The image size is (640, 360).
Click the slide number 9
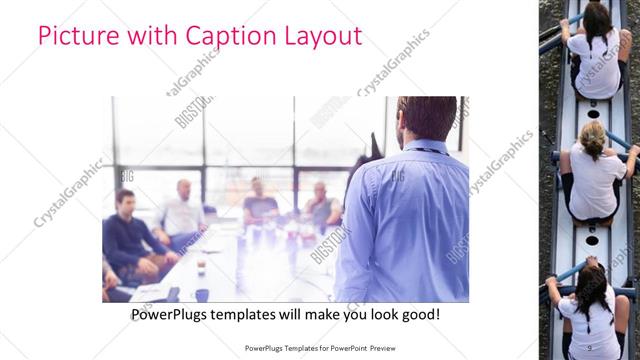coord(589,347)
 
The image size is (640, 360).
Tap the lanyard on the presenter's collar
coord(425,150)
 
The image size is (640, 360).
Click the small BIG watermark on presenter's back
coord(398,176)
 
